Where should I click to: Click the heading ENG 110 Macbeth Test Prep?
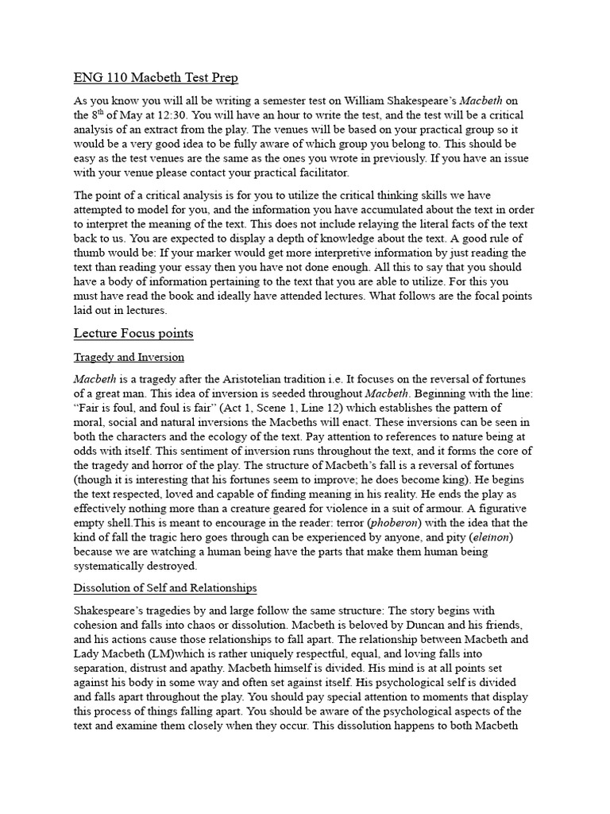pos(156,78)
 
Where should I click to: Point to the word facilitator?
pos(319,172)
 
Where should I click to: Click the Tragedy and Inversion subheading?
pos(129,358)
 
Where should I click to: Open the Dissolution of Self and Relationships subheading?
pos(165,588)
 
